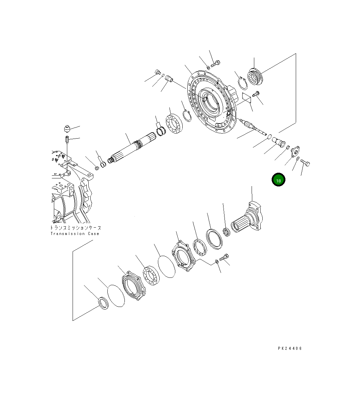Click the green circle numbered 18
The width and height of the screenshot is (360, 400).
[278, 180]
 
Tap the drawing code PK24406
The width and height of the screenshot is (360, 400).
[290, 348]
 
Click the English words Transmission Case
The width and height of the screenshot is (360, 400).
[75, 233]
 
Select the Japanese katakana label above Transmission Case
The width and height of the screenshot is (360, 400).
[76, 228]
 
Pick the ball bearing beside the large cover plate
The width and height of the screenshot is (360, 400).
[174, 124]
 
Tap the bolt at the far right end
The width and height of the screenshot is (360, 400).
[305, 162]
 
